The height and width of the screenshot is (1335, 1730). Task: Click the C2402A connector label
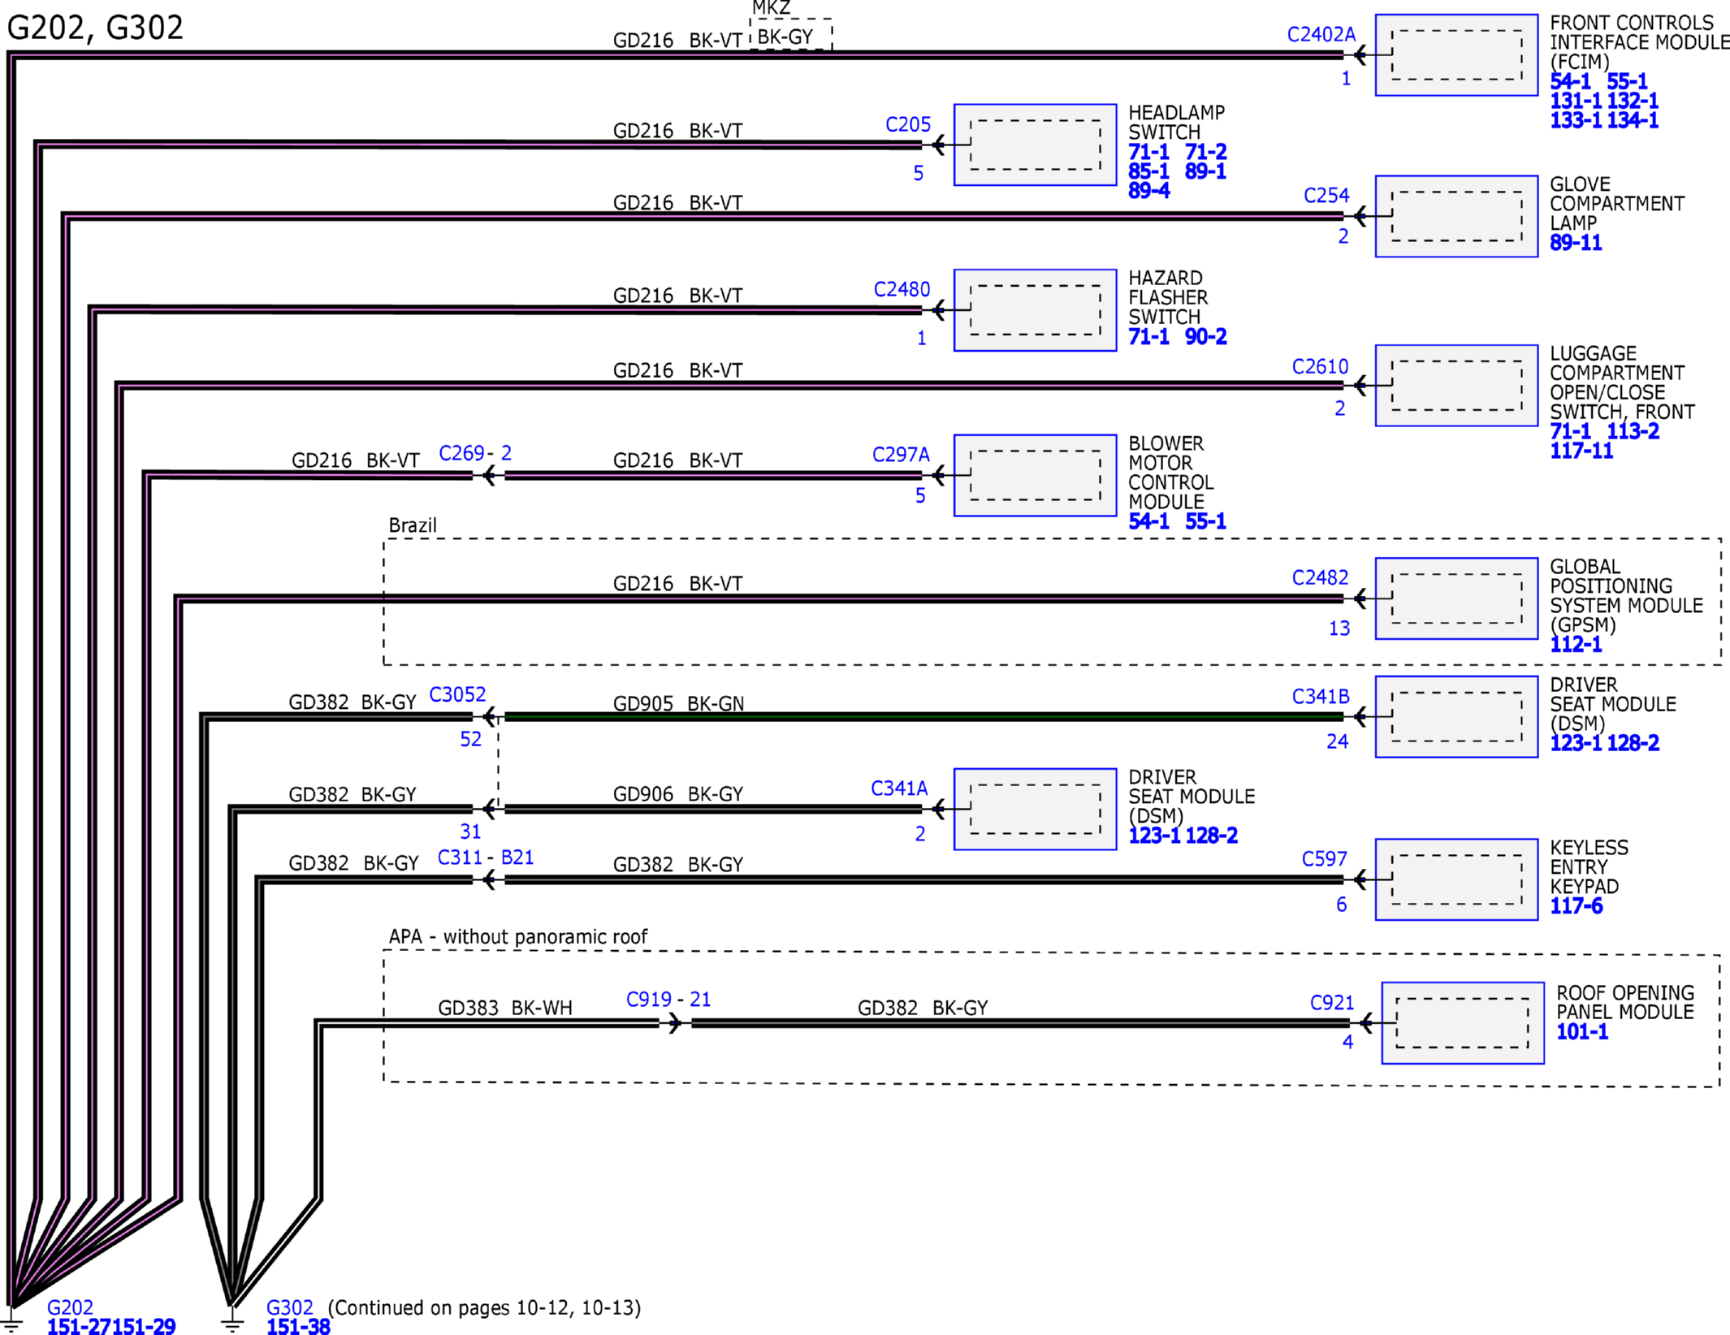pyautogui.click(x=1321, y=34)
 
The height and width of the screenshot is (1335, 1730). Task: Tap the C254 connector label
pyautogui.click(x=1326, y=196)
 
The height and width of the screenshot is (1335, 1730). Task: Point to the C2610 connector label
pyautogui.click(x=1320, y=367)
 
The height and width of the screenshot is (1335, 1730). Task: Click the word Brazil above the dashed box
pyautogui.click(x=413, y=525)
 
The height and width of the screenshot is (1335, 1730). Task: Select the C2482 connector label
pyautogui.click(x=1320, y=577)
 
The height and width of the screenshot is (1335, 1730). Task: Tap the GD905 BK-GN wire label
pyautogui.click(x=678, y=703)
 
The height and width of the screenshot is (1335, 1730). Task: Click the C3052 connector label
pyautogui.click(x=457, y=694)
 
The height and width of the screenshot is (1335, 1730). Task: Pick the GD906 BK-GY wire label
pyautogui.click(x=678, y=793)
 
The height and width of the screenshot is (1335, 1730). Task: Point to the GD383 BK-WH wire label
pyautogui.click(x=505, y=1008)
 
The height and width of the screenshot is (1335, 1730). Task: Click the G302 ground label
pyautogui.click(x=290, y=1307)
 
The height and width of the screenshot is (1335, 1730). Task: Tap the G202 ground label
pyautogui.click(x=70, y=1307)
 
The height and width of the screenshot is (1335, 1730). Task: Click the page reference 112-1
pyautogui.click(x=1576, y=645)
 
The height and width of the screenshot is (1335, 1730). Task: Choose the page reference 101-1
pyautogui.click(x=1582, y=1032)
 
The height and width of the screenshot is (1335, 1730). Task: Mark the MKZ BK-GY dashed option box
pyautogui.click(x=790, y=34)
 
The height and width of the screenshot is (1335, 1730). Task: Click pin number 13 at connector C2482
pyautogui.click(x=1339, y=628)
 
